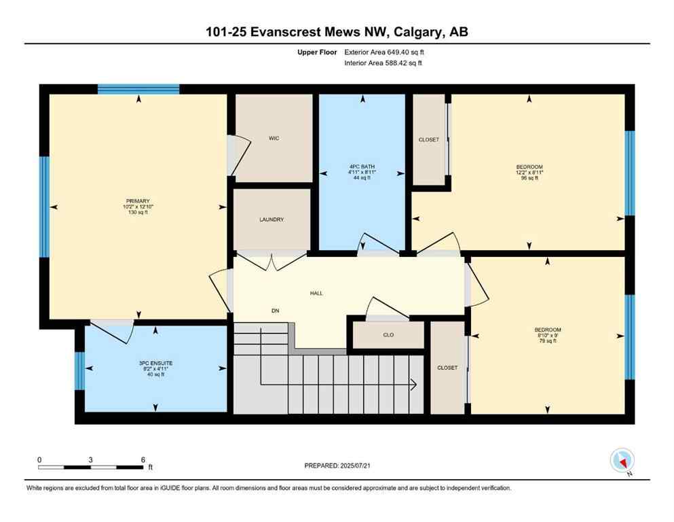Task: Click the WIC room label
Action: [274, 139]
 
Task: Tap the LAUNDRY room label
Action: [272, 220]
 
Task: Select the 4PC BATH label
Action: [362, 167]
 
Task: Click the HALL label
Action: [316, 294]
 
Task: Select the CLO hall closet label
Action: [388, 335]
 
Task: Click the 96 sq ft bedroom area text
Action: [529, 179]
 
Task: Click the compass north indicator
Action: [622, 462]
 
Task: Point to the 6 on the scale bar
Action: [143, 459]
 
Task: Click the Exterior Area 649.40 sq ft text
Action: [387, 52]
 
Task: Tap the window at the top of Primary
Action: [138, 88]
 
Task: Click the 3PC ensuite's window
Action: [79, 371]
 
